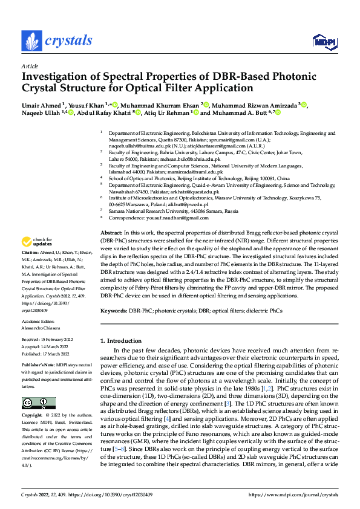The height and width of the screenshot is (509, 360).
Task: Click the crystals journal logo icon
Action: click(30, 41)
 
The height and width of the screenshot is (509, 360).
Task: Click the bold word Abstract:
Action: click(111, 216)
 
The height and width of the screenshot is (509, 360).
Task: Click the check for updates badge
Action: click(38, 224)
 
